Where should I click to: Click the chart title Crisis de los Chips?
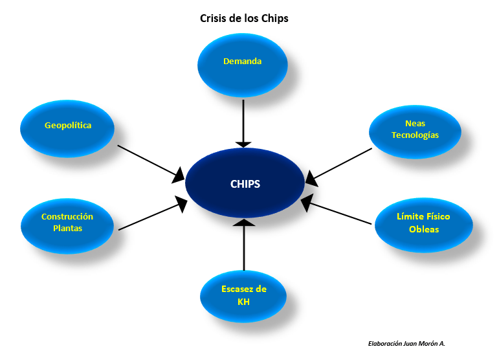click(x=244, y=18)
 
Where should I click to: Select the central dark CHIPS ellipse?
click(x=245, y=184)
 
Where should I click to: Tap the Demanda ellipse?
click(x=242, y=62)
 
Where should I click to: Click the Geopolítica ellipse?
click(x=67, y=126)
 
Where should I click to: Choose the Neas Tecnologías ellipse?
click(x=415, y=129)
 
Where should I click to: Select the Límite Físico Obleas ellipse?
click(x=423, y=223)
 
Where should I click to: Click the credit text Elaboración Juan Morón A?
click(x=406, y=344)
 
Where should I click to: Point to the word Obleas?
click(x=424, y=230)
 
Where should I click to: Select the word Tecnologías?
click(x=415, y=135)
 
